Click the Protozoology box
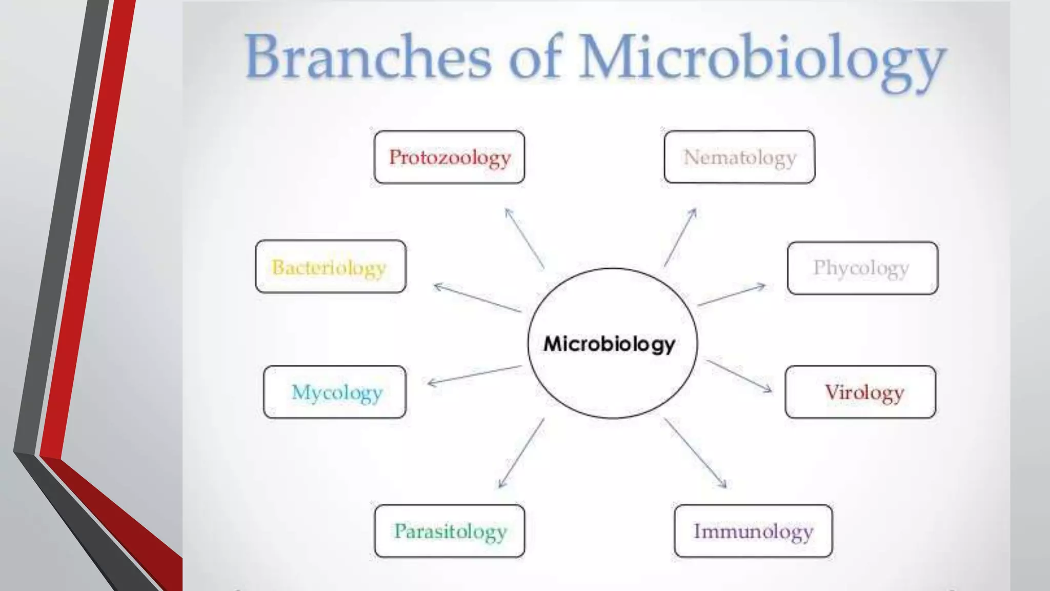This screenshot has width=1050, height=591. click(449, 157)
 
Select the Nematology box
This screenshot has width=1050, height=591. click(739, 157)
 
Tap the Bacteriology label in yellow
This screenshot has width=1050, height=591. click(329, 267)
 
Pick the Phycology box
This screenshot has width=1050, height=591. click(862, 268)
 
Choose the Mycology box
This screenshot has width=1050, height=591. click(335, 392)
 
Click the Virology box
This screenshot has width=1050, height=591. click(860, 392)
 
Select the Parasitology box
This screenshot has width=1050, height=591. click(450, 531)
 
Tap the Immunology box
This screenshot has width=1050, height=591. click(753, 531)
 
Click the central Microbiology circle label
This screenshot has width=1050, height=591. click(609, 344)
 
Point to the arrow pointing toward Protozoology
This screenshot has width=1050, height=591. click(524, 238)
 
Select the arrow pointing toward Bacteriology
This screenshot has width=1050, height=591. click(477, 298)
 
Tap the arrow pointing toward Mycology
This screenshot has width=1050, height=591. click(474, 375)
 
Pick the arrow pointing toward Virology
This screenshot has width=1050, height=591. click(739, 376)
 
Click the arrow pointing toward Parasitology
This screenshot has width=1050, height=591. click(521, 453)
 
